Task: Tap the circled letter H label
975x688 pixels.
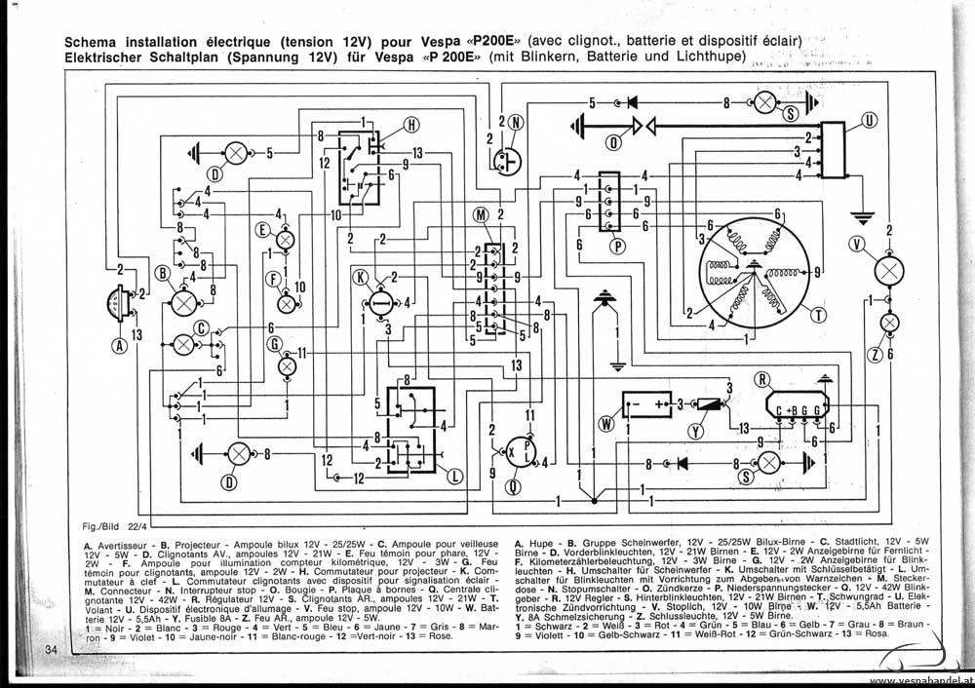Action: (x=410, y=124)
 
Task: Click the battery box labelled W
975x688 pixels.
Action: (x=647, y=402)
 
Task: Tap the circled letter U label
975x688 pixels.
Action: (x=869, y=121)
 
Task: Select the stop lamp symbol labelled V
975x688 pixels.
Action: (x=888, y=270)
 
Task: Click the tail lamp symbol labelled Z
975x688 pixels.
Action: (x=889, y=323)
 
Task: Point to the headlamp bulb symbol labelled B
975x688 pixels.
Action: (x=183, y=304)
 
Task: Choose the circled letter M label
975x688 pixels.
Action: (x=481, y=214)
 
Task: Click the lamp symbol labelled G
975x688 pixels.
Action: (x=287, y=366)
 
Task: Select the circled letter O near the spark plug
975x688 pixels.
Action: (x=613, y=143)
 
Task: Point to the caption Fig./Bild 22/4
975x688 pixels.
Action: (x=114, y=526)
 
